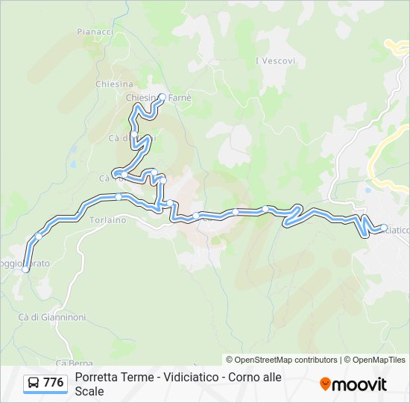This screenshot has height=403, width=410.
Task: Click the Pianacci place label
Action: coord(95,32)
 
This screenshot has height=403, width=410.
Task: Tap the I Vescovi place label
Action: coord(275,60)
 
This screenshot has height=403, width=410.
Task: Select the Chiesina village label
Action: coord(114,84)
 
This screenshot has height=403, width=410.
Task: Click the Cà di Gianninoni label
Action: coord(52,317)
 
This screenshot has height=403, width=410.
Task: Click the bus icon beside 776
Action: coord(34,384)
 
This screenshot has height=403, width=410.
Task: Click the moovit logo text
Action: coord(360,384)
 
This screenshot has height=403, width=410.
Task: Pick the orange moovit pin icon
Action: coord(325,384)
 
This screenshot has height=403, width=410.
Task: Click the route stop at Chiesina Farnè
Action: coord(162,97)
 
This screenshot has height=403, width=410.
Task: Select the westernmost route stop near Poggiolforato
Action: coord(26,269)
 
